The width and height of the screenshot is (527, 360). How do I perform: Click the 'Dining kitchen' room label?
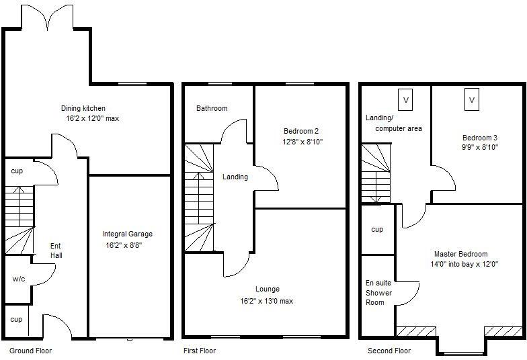coord(83,108)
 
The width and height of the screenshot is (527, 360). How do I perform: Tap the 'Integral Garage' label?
coord(128,234)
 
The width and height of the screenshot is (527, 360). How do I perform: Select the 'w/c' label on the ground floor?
coord(18,279)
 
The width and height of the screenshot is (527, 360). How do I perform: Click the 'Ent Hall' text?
coord(56,251)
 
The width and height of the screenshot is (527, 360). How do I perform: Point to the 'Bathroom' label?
coord(212,108)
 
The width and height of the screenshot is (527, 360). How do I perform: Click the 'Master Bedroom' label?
coord(460,254)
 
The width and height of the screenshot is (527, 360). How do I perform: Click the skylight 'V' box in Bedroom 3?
coord(472,100)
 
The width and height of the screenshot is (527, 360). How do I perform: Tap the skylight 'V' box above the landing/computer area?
coord(405,100)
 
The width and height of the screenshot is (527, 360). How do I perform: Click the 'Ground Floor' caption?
coord(30,351)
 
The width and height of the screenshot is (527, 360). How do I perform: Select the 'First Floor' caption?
coord(200,351)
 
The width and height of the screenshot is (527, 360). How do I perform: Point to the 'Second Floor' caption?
coord(389,351)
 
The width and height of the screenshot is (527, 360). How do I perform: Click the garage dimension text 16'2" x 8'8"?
coord(128,246)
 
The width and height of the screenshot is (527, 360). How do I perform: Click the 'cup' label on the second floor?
coord(377,230)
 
